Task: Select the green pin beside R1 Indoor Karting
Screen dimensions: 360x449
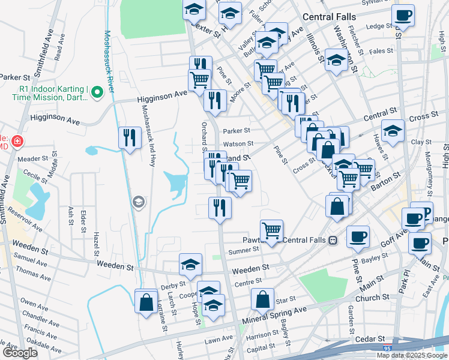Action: [100, 92]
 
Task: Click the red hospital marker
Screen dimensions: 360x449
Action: [18, 141]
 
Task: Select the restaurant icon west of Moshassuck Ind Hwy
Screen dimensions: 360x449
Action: [130, 138]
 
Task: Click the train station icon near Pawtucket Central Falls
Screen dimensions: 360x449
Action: [333, 240]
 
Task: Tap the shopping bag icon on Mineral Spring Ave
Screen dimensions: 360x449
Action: [263, 298]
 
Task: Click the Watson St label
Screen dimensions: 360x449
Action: [238, 144]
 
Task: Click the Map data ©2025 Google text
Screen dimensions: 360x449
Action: [411, 355]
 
